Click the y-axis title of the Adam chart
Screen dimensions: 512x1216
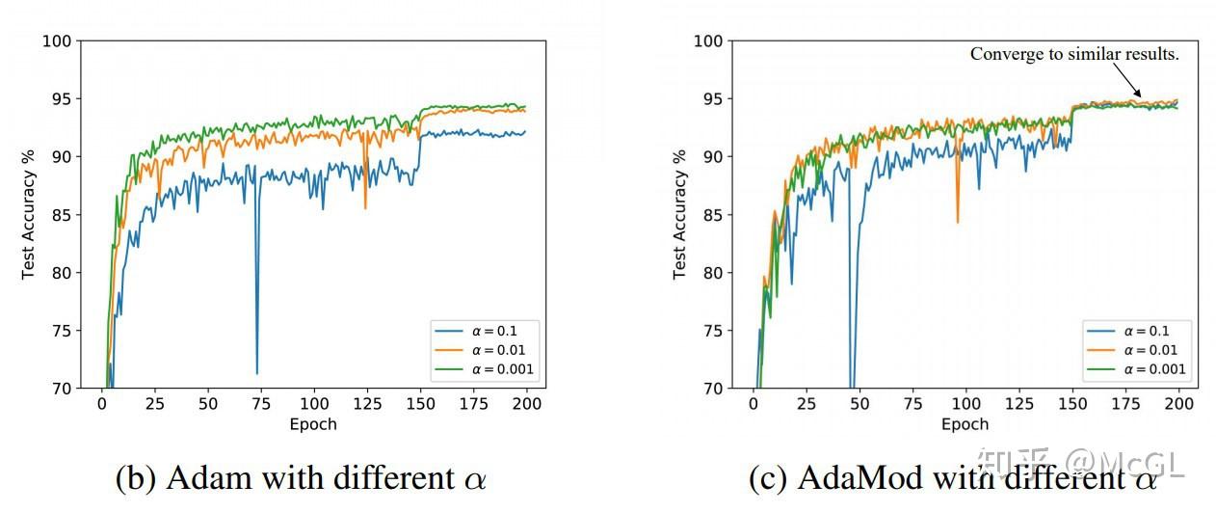[x=29, y=214]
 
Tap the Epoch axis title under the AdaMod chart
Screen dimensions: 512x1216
[x=965, y=424]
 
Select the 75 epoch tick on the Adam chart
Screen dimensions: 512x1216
[x=259, y=403]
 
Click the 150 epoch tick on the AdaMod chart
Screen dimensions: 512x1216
[x=1071, y=403]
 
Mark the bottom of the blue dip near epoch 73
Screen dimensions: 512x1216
[x=256, y=373]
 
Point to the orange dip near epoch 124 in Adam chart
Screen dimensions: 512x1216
[x=365, y=207]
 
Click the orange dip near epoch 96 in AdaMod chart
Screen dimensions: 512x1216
[x=957, y=223]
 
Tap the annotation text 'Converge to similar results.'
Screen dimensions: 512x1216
[x=1074, y=54]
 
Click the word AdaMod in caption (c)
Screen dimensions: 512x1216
[x=849, y=478]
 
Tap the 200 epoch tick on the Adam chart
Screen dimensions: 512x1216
[x=524, y=403]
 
